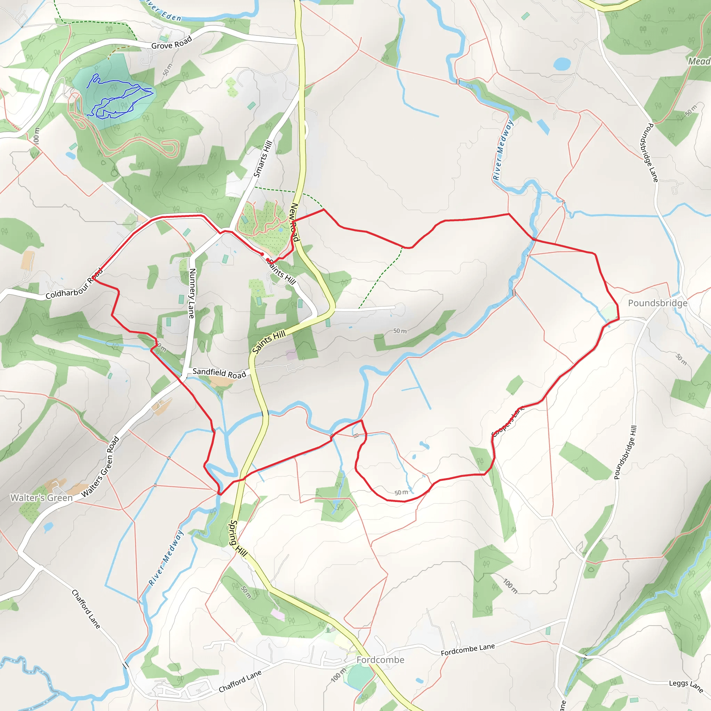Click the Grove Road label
(x=172, y=43)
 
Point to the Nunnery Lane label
(x=192, y=293)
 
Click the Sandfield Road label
(x=219, y=373)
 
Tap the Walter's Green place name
(x=41, y=498)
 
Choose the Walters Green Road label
(x=100, y=467)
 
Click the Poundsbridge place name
(x=658, y=303)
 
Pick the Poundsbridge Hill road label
(x=625, y=453)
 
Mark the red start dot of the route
(x=262, y=254)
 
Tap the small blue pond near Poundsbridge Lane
(x=562, y=64)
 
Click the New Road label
(x=295, y=222)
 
